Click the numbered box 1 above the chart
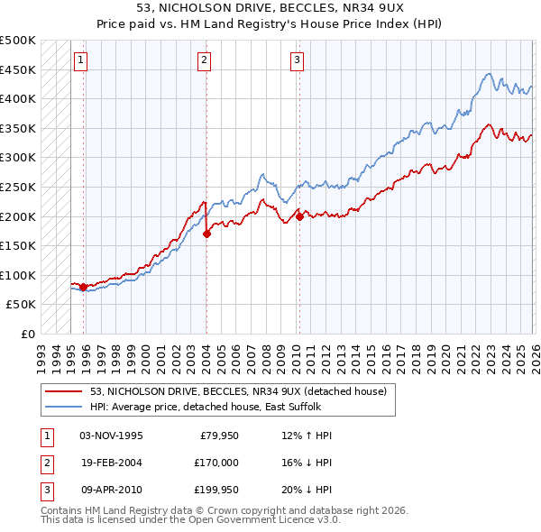pyautogui.click(x=81, y=60)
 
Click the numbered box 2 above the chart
pyautogui.click(x=205, y=60)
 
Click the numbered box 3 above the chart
pyautogui.click(x=297, y=60)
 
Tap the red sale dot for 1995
pyautogui.click(x=83, y=288)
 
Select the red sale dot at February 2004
pyautogui.click(x=206, y=234)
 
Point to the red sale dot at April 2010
pyautogui.click(x=298, y=216)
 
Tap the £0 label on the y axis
pyautogui.click(x=28, y=334)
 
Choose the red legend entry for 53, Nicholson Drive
pyautogui.click(x=238, y=391)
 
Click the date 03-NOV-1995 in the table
pyautogui.click(x=111, y=436)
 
